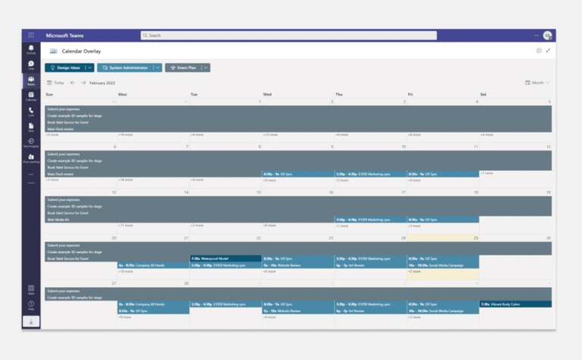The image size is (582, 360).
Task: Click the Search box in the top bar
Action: pos(288,36)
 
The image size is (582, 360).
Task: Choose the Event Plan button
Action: pos(182,67)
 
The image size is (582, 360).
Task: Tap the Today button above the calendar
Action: pos(55,83)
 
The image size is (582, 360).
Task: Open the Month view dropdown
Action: pos(537,83)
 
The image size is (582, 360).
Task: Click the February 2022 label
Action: pos(102,83)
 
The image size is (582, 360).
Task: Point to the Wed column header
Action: pos(267,94)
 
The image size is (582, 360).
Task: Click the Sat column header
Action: pos(483,94)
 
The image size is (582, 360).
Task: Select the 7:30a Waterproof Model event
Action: pos(225,258)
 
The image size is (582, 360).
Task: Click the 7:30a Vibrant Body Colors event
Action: pos(515,304)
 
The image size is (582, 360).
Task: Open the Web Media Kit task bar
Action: pos(68,220)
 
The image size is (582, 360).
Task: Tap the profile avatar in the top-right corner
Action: pos(547,36)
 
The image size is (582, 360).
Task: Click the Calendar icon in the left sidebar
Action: pos(31,96)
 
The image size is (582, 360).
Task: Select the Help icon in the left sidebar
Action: pos(31,305)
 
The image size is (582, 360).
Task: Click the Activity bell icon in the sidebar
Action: pos(31,49)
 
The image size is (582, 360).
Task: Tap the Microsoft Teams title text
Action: pos(64,36)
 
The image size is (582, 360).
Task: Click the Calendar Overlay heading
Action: pos(81,52)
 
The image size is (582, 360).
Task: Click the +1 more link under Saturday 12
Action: pos(487,173)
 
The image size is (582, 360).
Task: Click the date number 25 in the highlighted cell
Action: pos(475,237)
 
